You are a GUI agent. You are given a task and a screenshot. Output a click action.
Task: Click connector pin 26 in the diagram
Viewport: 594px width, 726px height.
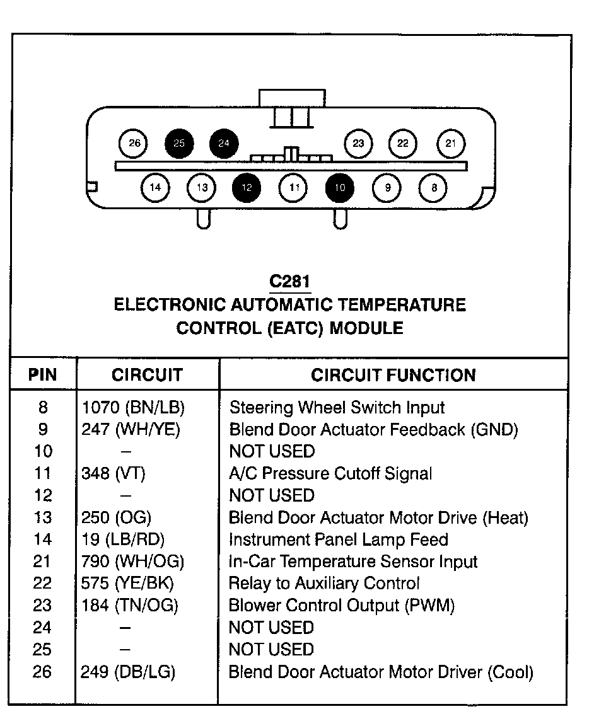(134, 143)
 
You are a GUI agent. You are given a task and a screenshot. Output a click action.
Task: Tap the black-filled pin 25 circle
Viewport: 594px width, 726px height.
(179, 143)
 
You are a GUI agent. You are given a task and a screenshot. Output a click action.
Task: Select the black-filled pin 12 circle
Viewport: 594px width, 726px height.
(247, 187)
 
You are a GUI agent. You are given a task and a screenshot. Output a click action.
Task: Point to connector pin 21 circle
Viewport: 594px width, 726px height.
(450, 143)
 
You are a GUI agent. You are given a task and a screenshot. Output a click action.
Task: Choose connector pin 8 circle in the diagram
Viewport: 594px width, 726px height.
(434, 187)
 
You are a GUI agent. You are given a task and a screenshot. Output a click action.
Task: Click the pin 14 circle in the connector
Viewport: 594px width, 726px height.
(155, 187)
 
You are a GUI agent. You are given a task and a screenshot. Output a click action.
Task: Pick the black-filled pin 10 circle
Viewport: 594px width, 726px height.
(339, 187)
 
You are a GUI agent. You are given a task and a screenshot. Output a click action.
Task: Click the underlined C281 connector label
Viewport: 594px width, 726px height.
(289, 280)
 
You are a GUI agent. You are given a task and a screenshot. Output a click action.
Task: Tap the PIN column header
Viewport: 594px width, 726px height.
(43, 376)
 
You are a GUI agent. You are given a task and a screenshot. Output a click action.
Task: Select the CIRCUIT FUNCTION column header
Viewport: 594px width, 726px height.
(393, 376)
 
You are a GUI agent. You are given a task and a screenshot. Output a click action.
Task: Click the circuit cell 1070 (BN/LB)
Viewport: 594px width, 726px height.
(133, 408)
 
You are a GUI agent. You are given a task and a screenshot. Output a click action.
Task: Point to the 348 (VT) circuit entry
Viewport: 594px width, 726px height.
(114, 473)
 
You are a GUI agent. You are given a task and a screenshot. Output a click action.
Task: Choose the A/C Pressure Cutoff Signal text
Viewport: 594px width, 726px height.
(330, 473)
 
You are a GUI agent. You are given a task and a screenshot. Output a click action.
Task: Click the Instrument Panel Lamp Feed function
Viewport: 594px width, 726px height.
(338, 539)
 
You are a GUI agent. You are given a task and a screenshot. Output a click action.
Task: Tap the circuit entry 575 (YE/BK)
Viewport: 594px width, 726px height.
(127, 584)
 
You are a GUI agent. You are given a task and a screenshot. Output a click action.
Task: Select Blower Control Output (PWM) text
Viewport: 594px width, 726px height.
(341, 606)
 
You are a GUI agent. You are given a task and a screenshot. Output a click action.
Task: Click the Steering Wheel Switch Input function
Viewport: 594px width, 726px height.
(337, 408)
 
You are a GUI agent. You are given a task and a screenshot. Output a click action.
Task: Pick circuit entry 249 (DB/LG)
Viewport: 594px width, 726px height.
(128, 672)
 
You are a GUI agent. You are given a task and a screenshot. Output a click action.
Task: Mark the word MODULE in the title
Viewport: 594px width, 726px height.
(367, 328)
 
